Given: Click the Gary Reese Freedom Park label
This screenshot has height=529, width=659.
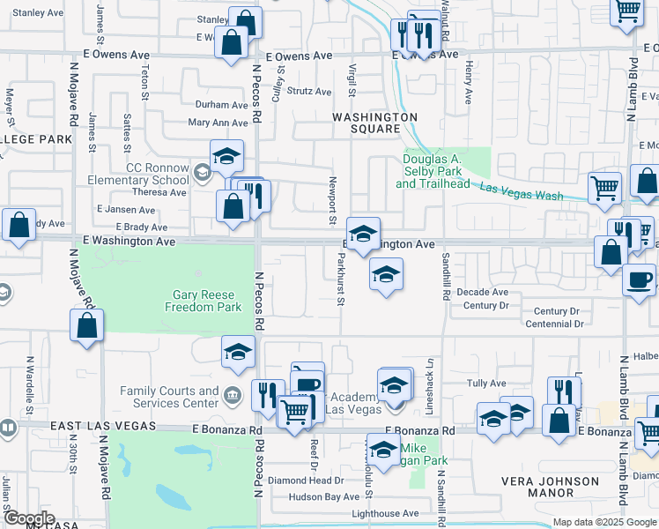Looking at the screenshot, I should [203, 301].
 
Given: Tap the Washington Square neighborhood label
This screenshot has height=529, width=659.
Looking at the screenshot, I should [374, 123].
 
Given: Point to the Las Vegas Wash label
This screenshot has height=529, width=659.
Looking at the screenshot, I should [522, 190].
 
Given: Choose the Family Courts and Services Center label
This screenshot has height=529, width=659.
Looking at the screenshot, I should [169, 397].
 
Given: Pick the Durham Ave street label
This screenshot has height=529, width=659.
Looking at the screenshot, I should [221, 104].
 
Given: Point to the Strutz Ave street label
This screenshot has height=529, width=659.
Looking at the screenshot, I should [309, 91].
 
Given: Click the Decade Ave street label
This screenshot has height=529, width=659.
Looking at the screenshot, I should [482, 292].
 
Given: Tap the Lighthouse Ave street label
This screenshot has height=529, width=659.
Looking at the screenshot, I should [385, 513].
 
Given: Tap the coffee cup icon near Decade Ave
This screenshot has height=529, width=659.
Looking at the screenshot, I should [638, 280].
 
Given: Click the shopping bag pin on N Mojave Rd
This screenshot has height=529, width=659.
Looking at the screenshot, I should [87, 326].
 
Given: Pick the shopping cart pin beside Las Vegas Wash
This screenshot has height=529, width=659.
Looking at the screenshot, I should [604, 188].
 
